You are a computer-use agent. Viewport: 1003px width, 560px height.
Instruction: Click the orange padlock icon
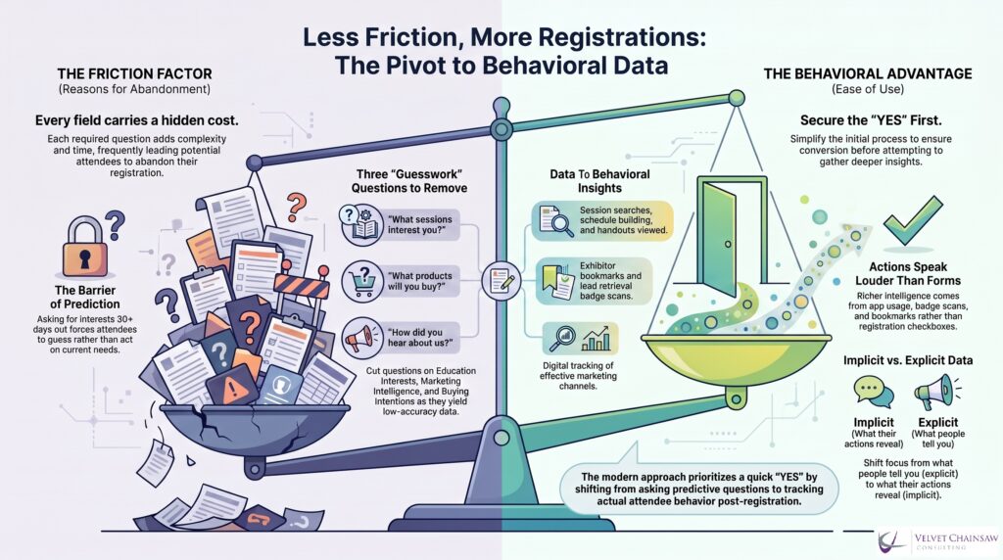click(84, 247)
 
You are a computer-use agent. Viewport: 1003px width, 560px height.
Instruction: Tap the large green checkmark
click(912, 220)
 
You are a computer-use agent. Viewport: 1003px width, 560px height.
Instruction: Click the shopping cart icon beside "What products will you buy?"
click(362, 281)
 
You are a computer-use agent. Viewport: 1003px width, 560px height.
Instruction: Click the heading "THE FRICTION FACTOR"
click(134, 74)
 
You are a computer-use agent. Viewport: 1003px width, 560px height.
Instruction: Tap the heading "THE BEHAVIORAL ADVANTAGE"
click(868, 74)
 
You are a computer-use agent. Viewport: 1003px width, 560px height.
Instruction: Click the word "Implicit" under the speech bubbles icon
click(873, 423)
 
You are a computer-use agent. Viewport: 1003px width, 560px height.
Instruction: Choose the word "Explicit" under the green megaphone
click(937, 423)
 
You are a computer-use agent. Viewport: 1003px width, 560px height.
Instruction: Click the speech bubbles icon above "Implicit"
click(873, 392)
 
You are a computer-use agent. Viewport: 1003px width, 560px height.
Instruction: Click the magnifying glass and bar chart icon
click(581, 339)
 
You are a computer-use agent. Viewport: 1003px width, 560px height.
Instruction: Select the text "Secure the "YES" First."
click(871, 120)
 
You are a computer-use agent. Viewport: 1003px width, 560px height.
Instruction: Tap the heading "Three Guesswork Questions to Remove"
click(409, 181)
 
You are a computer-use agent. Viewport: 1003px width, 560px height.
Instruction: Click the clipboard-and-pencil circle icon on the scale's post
click(501, 281)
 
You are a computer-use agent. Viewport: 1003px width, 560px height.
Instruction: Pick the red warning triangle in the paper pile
click(232, 389)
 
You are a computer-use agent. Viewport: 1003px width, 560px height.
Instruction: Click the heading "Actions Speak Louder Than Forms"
click(908, 273)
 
